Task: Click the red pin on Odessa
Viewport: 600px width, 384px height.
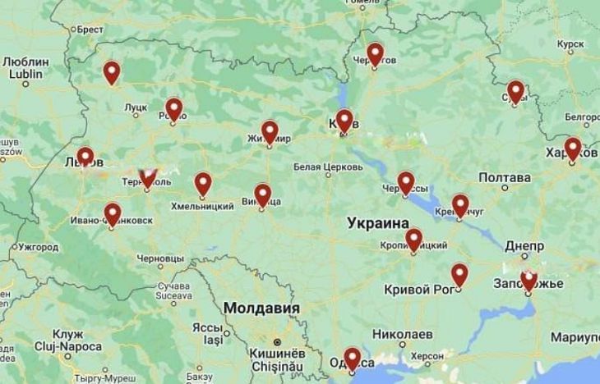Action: [x=352, y=358]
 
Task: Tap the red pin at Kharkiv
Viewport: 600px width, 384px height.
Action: [x=573, y=148]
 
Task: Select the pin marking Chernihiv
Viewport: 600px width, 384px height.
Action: [x=375, y=54]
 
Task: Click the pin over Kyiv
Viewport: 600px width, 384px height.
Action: [x=344, y=121]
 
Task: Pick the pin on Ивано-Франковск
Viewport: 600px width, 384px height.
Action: [x=113, y=213]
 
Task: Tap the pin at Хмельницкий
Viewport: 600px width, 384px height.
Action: [x=203, y=183]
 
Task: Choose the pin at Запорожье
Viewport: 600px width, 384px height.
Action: [x=529, y=279]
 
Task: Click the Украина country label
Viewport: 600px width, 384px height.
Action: [x=378, y=223]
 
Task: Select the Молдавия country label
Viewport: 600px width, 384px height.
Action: [x=261, y=308]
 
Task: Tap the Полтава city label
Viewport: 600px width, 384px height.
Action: [x=504, y=177]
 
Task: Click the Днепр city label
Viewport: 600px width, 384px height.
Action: [x=524, y=246]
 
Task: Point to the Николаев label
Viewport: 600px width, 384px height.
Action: [x=402, y=335]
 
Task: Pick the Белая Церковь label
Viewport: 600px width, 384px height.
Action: [x=328, y=167]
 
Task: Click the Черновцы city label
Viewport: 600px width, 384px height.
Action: [x=160, y=258]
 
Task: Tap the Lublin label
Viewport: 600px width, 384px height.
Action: [x=25, y=74]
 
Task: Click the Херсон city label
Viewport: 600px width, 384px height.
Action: [x=427, y=355]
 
